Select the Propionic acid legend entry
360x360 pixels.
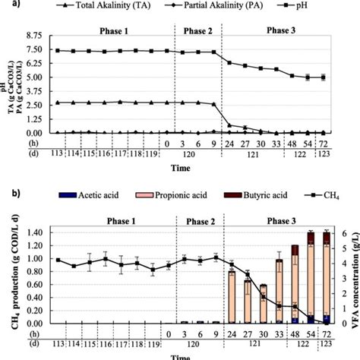point(185,195)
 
